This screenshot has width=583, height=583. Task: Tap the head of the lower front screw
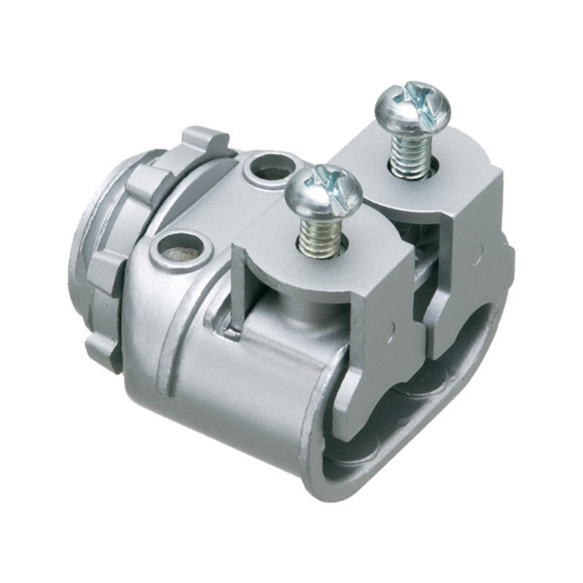pyautogui.click(x=323, y=191)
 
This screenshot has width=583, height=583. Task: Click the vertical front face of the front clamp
pyautogui.click(x=379, y=350)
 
